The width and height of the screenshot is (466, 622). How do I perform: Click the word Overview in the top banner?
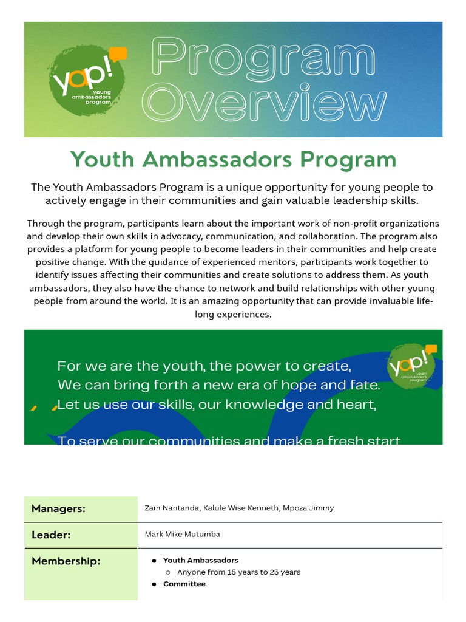coord(268,103)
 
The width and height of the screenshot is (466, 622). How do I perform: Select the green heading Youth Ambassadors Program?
coord(233,160)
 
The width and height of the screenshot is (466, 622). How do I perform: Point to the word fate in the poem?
coord(366,385)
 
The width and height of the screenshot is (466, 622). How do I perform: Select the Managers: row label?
coord(58,508)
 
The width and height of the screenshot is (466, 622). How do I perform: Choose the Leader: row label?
coord(51,535)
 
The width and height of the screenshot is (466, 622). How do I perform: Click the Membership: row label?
coord(66,561)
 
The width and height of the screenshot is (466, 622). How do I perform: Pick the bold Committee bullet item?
coord(184,584)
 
